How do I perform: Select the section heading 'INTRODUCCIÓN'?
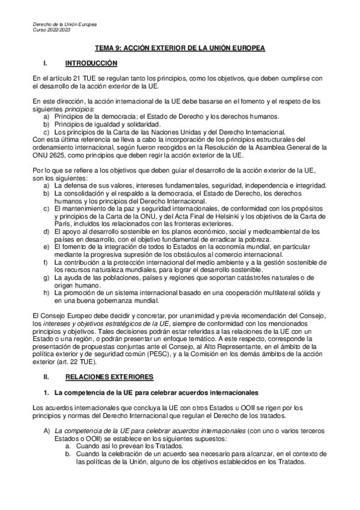91,63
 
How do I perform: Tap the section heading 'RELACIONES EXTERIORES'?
109,376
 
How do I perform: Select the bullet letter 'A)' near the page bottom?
47,431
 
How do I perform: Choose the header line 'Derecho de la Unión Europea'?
66,23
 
